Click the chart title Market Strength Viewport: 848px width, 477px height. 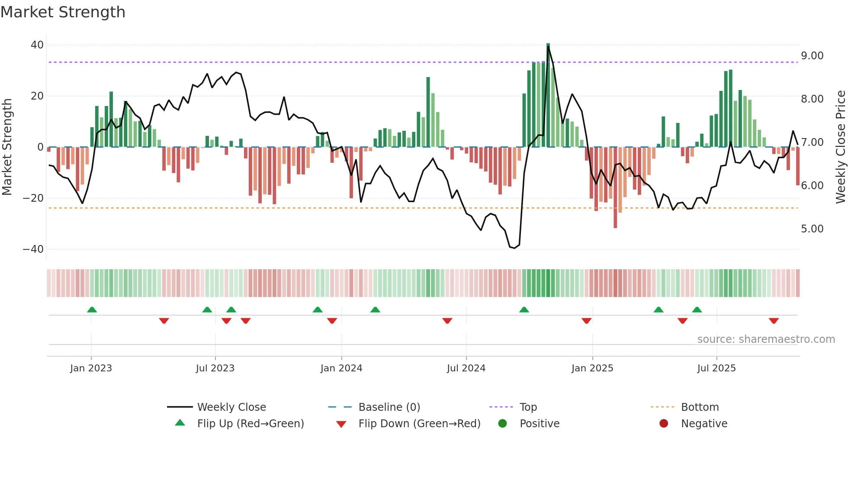(x=63, y=12)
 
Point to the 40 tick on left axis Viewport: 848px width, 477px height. (x=37, y=45)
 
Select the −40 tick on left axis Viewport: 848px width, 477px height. (x=33, y=249)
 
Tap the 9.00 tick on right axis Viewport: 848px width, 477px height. (x=812, y=56)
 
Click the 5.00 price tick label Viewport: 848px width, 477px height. (x=812, y=229)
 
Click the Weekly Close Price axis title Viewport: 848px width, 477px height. (x=840, y=147)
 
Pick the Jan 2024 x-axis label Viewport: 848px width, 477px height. (x=341, y=368)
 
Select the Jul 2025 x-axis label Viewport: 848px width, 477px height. (x=716, y=368)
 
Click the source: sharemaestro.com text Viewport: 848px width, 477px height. (x=766, y=339)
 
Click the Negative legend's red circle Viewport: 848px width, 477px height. (x=664, y=424)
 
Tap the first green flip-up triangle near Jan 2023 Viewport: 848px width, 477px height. (x=92, y=309)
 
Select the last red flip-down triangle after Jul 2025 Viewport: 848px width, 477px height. (x=774, y=321)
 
